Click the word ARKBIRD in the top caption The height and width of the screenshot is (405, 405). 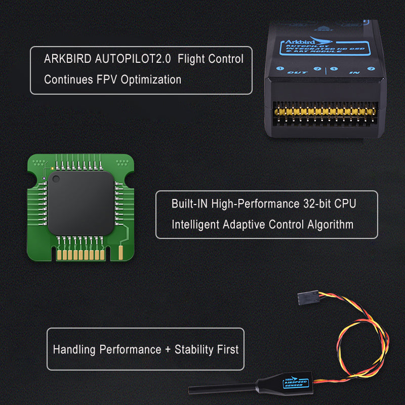click(x=67, y=59)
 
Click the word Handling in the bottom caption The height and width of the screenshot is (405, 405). click(x=74, y=349)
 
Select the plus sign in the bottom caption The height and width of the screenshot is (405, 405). click(x=168, y=349)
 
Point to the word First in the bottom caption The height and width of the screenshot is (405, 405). click(x=227, y=349)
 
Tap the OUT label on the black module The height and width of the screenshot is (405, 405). click(x=294, y=72)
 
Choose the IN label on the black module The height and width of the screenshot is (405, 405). click(x=354, y=72)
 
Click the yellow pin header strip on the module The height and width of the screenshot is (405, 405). click(x=325, y=110)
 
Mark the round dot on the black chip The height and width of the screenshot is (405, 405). click(x=55, y=178)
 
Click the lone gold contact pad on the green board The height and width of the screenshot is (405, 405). click(x=121, y=252)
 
